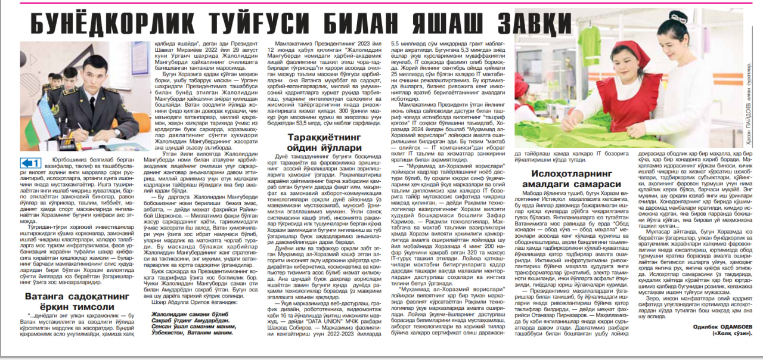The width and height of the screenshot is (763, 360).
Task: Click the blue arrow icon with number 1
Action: coord(30,163)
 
